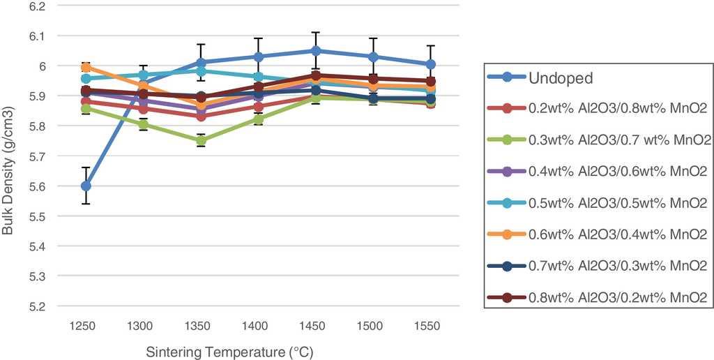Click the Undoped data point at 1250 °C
[x=86, y=186]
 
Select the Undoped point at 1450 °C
[x=316, y=50]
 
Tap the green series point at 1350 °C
[x=201, y=141]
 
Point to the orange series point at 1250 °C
[x=86, y=67]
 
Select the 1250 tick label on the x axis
[x=86, y=326]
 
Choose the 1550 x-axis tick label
[x=431, y=326]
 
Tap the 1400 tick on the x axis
[x=258, y=326]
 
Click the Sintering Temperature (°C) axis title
[x=234, y=351]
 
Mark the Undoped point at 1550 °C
[x=431, y=64]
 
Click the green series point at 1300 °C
[x=143, y=124]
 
